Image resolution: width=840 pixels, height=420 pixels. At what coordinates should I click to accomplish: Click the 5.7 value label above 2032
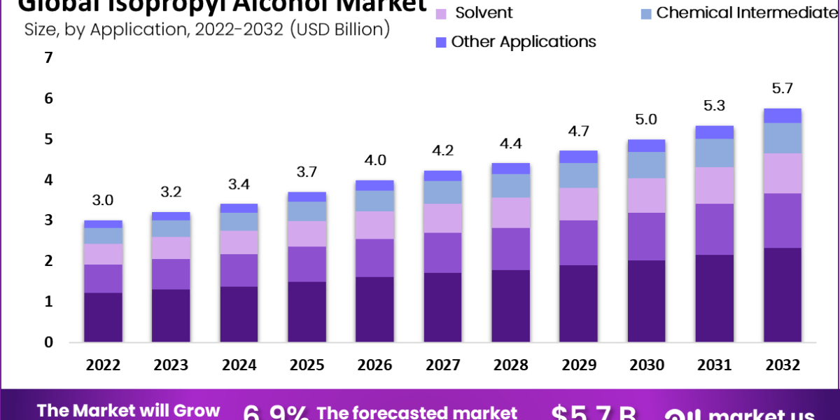click(783, 88)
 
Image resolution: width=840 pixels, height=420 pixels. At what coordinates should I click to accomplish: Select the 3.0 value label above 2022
click(103, 200)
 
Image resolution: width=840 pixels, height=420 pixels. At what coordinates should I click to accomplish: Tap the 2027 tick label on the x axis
click(442, 365)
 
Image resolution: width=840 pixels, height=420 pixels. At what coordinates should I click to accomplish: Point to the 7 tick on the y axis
click(48, 58)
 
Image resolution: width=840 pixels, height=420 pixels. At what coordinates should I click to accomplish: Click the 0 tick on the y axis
click(48, 342)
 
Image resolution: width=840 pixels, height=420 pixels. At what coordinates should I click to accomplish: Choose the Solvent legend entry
click(483, 13)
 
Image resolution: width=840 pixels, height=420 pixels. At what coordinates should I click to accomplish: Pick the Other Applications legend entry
click(523, 41)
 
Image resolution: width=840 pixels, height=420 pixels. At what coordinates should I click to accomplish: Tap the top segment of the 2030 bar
click(646, 146)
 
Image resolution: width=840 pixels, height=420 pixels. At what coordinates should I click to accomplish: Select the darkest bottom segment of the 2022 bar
click(103, 317)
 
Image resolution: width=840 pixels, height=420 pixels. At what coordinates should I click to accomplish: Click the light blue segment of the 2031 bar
click(714, 153)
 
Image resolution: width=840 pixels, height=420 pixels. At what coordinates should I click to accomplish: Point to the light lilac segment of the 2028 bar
click(510, 212)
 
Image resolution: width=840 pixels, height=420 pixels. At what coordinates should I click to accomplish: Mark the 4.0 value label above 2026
click(374, 160)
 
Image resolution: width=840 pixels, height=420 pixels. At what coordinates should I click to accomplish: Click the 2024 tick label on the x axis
click(239, 365)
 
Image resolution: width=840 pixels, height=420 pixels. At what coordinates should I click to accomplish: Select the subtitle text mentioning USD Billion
click(207, 29)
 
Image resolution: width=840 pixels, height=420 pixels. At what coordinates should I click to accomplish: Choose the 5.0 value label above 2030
click(646, 120)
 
